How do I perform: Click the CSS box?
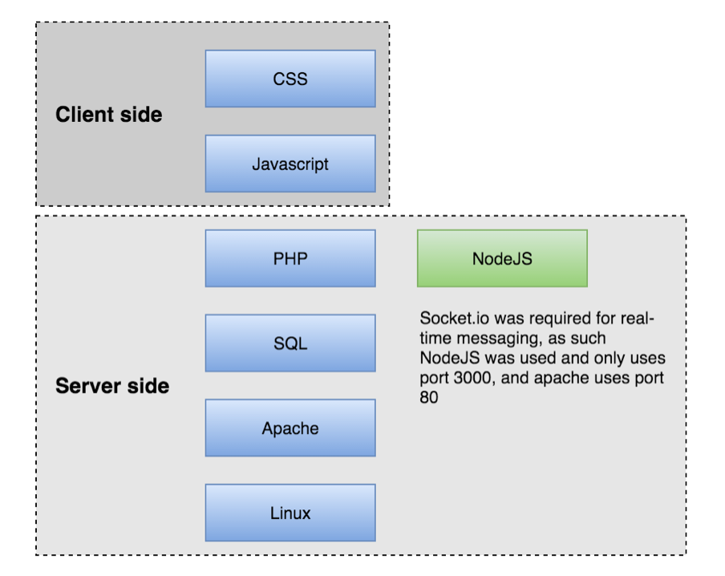(x=290, y=79)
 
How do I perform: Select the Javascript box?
(x=290, y=164)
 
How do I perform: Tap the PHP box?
(x=290, y=258)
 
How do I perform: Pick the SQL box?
(x=290, y=343)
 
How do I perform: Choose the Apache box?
(x=290, y=428)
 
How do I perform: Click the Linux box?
(x=290, y=513)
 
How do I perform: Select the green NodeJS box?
(x=502, y=258)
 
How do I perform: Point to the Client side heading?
(x=108, y=114)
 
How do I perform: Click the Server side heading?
(x=112, y=386)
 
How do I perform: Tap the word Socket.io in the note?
(x=455, y=318)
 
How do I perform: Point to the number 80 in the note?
(x=429, y=397)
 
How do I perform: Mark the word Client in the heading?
(x=85, y=114)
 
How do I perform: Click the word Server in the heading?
(x=88, y=386)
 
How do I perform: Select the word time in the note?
(x=436, y=339)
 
